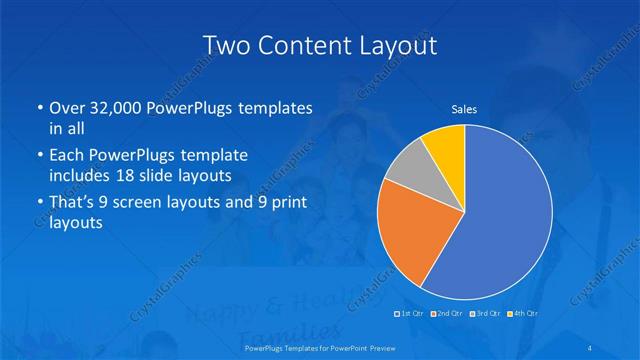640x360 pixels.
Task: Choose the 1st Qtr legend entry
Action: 410,313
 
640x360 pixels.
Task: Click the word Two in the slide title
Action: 225,45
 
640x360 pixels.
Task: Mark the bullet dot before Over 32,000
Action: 38,108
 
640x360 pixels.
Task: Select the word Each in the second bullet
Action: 68,156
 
